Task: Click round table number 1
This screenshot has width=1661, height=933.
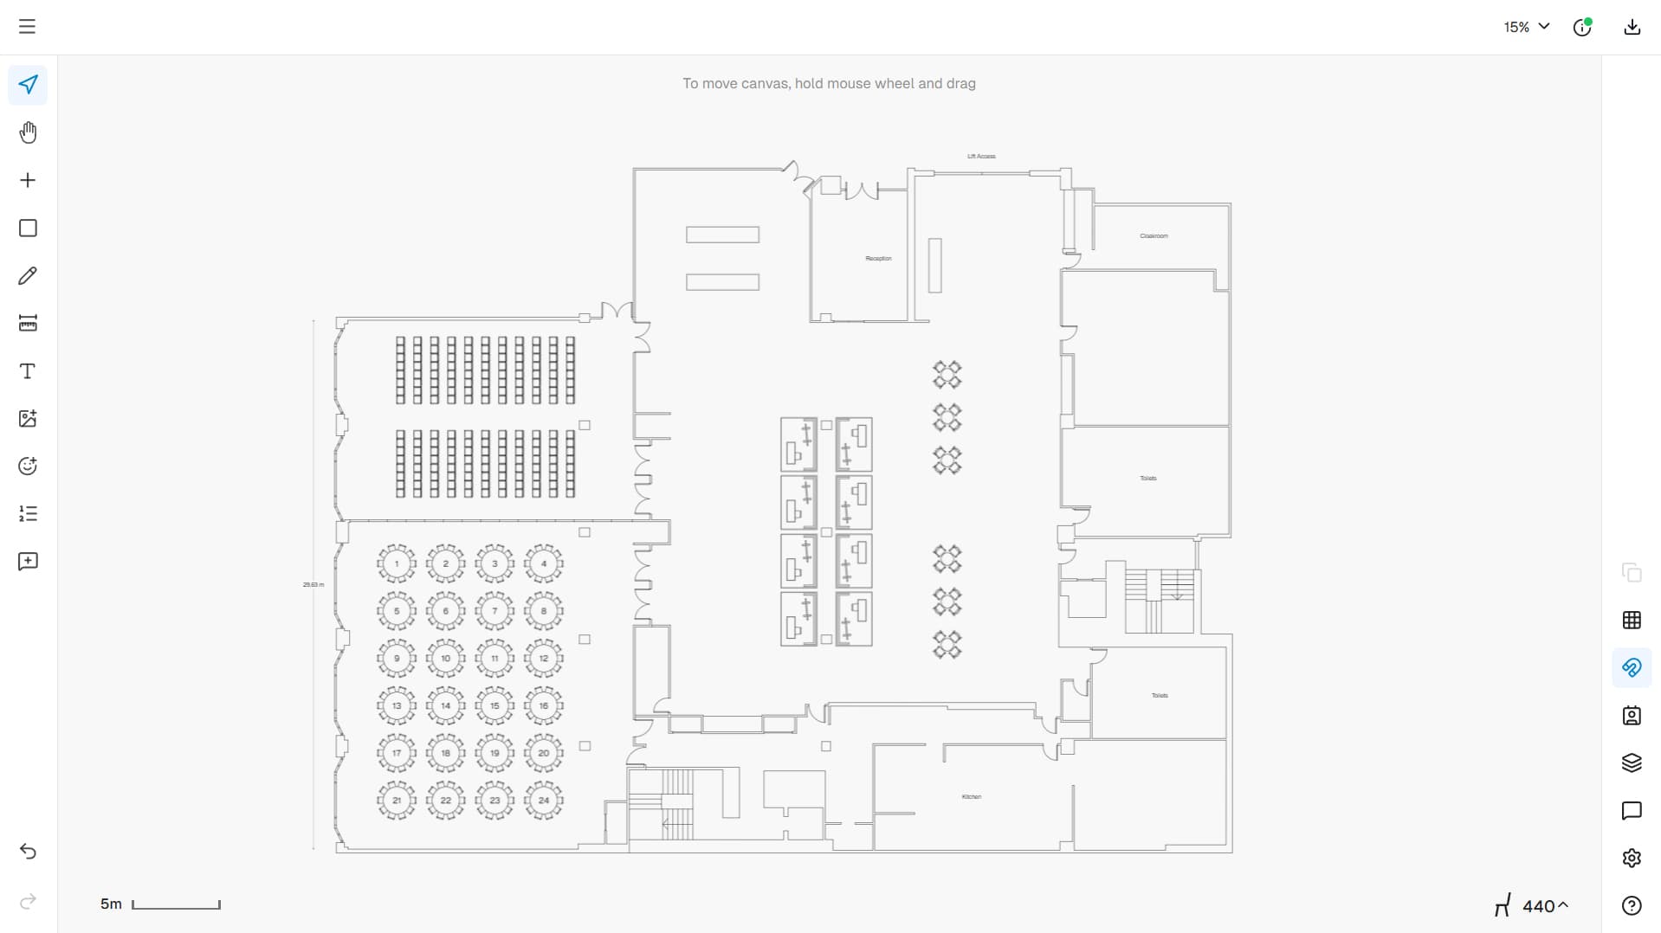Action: coord(397,564)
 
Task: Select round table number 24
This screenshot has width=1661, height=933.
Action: coord(544,801)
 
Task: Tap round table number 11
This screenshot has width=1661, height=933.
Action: coord(494,659)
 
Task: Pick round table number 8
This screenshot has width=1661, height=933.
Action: coord(544,611)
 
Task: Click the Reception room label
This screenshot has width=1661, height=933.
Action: coord(878,259)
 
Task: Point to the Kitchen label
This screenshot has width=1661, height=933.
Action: coord(972,797)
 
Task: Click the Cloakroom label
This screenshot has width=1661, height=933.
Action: coord(1154,236)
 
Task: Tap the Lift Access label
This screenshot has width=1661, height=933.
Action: coord(981,157)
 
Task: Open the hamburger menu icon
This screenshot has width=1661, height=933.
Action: coord(28,27)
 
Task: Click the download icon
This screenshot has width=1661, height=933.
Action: coord(1632,27)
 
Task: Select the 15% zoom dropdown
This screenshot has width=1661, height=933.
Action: coord(1526,27)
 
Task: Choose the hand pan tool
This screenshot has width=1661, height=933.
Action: coord(28,132)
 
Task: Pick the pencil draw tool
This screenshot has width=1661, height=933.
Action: coord(28,276)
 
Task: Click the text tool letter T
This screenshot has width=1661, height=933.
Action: coord(28,371)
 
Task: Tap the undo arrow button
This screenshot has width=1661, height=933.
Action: coord(28,852)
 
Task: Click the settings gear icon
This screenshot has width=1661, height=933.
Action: coord(1632,858)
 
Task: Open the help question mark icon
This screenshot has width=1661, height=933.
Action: coord(1632,905)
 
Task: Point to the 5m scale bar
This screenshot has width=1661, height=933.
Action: coord(176,904)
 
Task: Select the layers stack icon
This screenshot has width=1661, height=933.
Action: coord(1632,762)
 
